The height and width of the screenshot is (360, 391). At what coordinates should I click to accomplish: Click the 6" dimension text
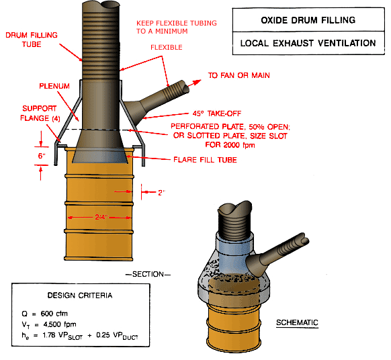tap(42, 155)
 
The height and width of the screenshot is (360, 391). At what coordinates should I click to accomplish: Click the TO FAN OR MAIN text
tap(238, 75)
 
